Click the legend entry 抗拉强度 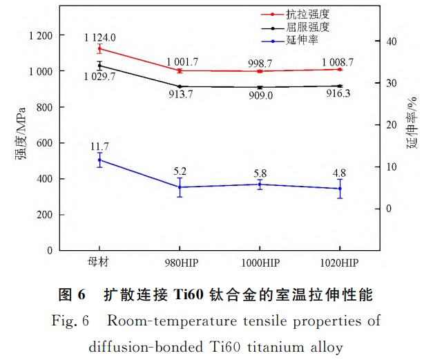pos(311,13)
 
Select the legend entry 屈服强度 pos(311,28)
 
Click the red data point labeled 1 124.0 pos(99,48)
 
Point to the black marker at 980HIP pos(180,86)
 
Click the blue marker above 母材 pos(99,160)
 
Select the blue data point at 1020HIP pos(340,189)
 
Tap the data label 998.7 pos(260,63)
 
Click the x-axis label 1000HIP pos(260,263)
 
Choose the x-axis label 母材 pos(99,263)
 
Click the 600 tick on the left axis pos(44,143)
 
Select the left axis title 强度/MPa pos(20,133)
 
